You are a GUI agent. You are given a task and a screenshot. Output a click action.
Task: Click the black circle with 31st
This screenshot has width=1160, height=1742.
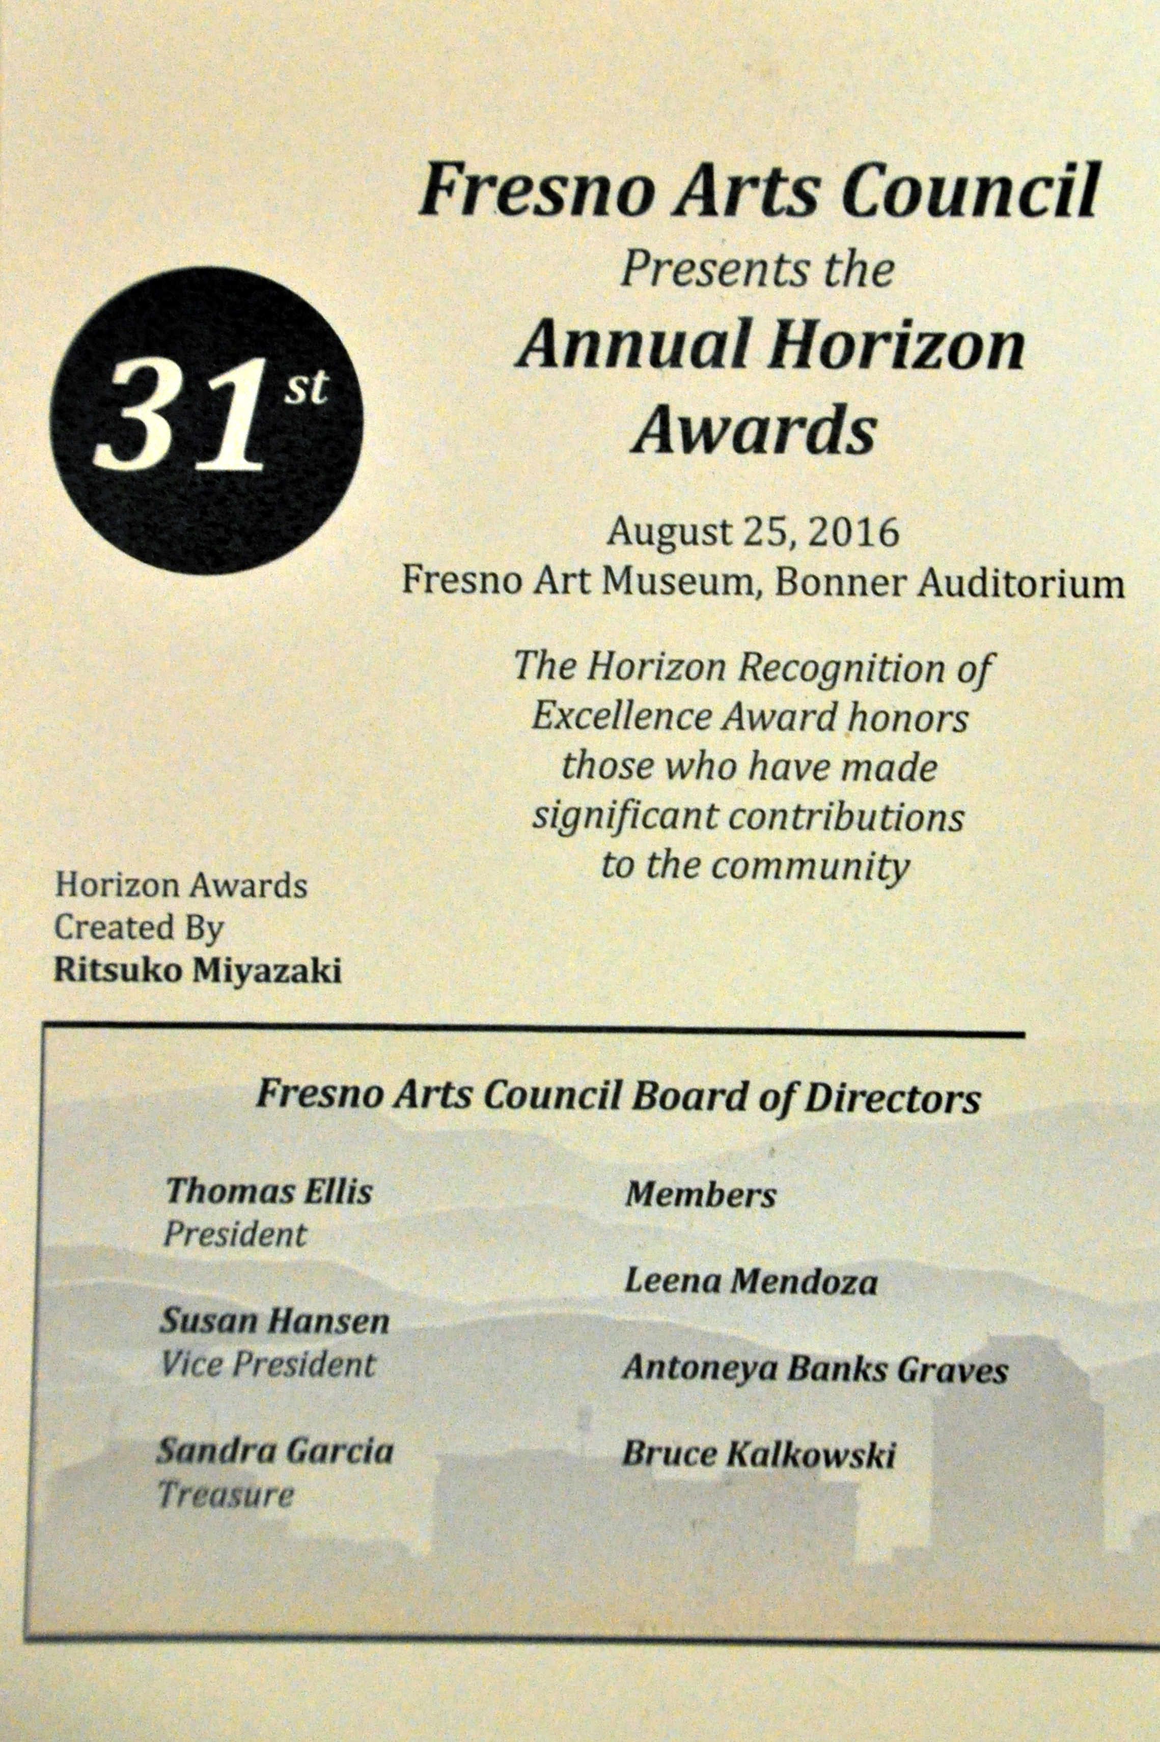click(x=206, y=420)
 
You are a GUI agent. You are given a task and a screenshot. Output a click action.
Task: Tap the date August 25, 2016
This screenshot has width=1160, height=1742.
click(x=753, y=532)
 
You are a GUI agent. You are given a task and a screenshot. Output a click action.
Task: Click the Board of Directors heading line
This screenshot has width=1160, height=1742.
click(x=618, y=1097)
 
